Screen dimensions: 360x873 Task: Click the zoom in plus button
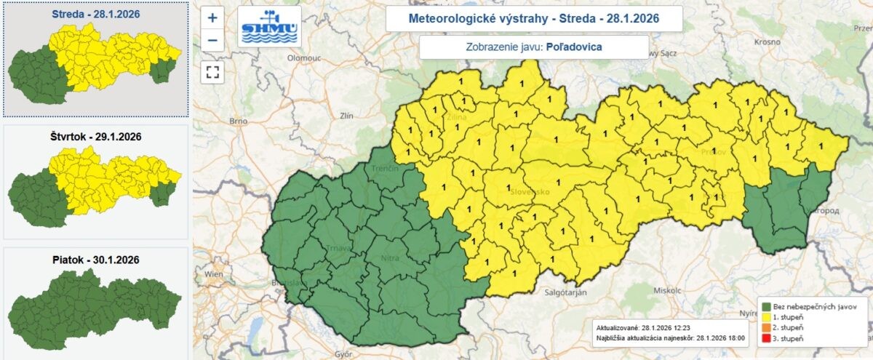(x=212, y=18)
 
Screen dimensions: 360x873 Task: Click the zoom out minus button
(x=212, y=39)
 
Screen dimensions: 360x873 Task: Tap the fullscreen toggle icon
(x=212, y=71)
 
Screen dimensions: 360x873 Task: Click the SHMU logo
(x=269, y=27)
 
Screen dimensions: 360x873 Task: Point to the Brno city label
(x=239, y=121)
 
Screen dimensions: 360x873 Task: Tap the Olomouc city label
(x=304, y=56)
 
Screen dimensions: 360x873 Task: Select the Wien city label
(x=214, y=274)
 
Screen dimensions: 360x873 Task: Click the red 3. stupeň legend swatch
(x=765, y=339)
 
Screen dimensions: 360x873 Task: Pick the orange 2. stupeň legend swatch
(x=765, y=329)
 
